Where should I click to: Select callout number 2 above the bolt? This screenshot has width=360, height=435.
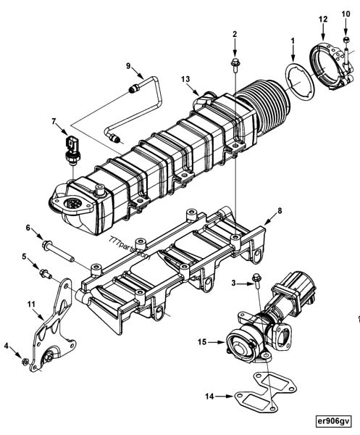[x=235, y=33]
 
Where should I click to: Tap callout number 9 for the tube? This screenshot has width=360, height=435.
[x=128, y=66]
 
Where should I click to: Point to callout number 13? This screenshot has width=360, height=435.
[x=186, y=78]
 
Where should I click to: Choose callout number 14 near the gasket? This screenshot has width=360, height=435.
[x=209, y=396]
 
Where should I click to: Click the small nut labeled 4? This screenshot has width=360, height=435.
[x=25, y=360]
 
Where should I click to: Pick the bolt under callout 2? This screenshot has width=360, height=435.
[x=235, y=65]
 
